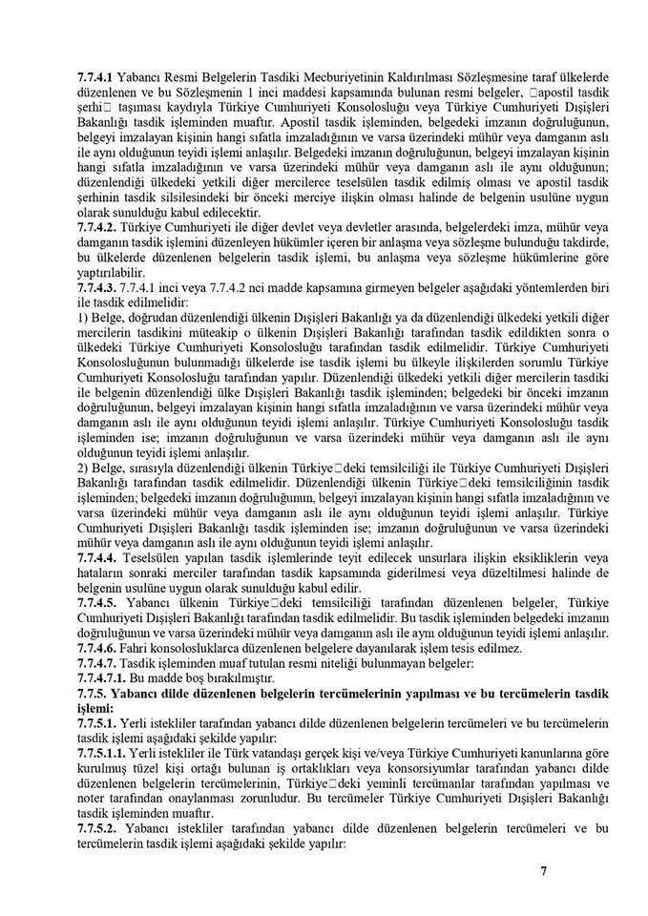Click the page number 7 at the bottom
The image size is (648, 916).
click(543, 870)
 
